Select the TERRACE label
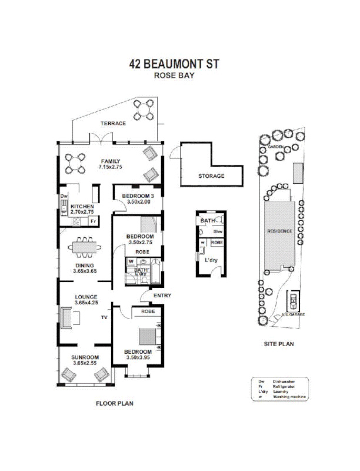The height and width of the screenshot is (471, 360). pyautogui.click(x=114, y=124)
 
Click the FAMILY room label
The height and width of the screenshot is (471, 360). pyautogui.click(x=110, y=161)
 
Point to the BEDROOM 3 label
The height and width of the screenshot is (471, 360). pyautogui.click(x=138, y=196)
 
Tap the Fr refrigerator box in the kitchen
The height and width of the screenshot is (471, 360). pyautogui.click(x=92, y=221)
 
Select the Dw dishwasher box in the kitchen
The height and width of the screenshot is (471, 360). pyautogui.click(x=64, y=196)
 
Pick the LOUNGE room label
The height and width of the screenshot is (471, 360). pyautogui.click(x=85, y=297)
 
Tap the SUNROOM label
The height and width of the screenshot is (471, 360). pyautogui.click(x=85, y=357)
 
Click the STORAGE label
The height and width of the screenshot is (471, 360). pyautogui.click(x=211, y=176)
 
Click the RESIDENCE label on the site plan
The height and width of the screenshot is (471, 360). pyautogui.click(x=280, y=231)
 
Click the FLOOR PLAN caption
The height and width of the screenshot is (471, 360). pyautogui.click(x=115, y=404)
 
